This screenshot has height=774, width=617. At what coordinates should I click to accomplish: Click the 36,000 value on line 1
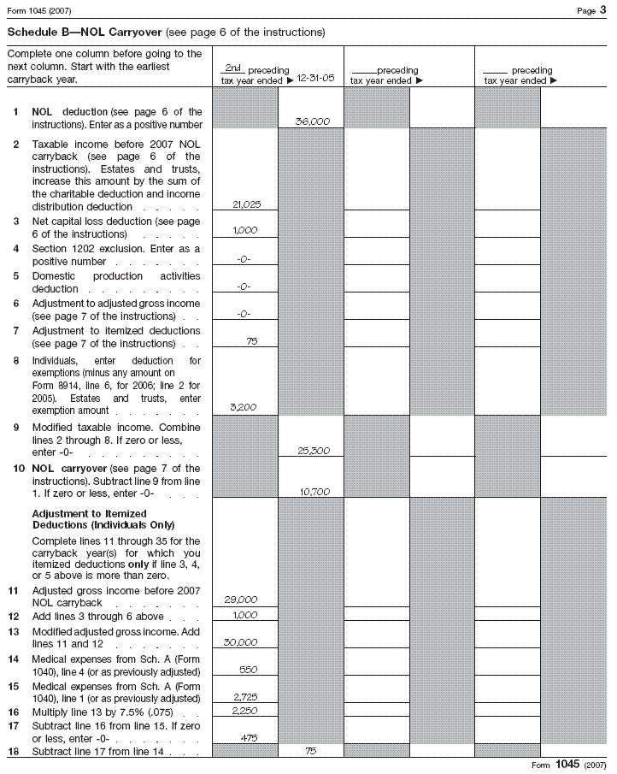pos(312,122)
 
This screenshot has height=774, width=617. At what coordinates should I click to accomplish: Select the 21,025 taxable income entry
pos(246,205)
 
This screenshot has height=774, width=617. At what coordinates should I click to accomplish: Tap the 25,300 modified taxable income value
pos(313,451)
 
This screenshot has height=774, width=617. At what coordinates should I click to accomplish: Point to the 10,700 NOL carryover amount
pos(313,492)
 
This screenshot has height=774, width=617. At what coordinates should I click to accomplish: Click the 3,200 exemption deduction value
pos(246,409)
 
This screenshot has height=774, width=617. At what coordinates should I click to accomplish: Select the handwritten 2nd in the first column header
pos(231,68)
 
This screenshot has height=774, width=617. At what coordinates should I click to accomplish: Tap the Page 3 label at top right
pos(590,9)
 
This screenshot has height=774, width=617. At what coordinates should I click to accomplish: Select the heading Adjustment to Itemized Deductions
pos(103,518)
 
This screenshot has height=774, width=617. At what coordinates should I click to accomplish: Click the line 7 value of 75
pos(251,342)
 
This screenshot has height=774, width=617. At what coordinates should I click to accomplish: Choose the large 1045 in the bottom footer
pos(568,764)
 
